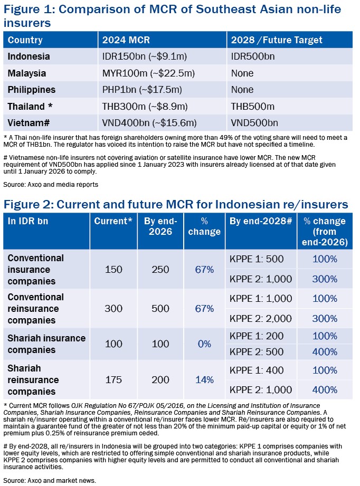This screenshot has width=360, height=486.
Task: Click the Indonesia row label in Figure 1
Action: pyautogui.click(x=29, y=56)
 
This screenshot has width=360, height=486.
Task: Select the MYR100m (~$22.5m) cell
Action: pyautogui.click(x=148, y=73)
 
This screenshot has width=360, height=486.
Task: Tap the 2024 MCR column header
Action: pyautogui.click(x=126, y=40)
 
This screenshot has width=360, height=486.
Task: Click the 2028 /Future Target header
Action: pyautogui.click(x=277, y=40)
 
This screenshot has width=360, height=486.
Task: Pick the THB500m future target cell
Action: pyautogui.click(x=253, y=107)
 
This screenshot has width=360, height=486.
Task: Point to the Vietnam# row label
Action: pyautogui.click(x=29, y=123)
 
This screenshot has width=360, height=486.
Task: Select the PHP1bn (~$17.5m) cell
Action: pyautogui.click(x=142, y=90)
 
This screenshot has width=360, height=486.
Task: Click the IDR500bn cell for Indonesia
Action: pyautogui.click(x=253, y=56)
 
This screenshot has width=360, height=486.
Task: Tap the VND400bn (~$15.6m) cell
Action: pyautogui.click(x=149, y=123)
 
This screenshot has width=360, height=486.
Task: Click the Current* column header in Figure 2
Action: pyautogui.click(x=113, y=221)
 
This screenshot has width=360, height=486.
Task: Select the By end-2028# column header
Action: pyautogui.click(x=261, y=221)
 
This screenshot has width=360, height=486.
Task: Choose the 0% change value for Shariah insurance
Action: pyautogui.click(x=204, y=344)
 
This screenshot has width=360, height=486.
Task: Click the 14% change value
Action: pyautogui.click(x=204, y=380)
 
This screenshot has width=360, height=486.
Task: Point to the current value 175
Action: pyautogui.click(x=113, y=380)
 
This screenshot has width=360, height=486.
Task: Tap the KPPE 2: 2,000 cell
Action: pyautogui.click(x=261, y=319)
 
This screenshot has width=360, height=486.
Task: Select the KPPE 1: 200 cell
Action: pyautogui.click(x=257, y=336)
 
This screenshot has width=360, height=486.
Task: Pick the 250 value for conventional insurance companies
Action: pyautogui.click(x=160, y=269)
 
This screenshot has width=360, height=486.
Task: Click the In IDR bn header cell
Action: pyautogui.click(x=28, y=221)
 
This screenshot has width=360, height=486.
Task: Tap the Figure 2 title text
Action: pyautogui.click(x=176, y=205)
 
